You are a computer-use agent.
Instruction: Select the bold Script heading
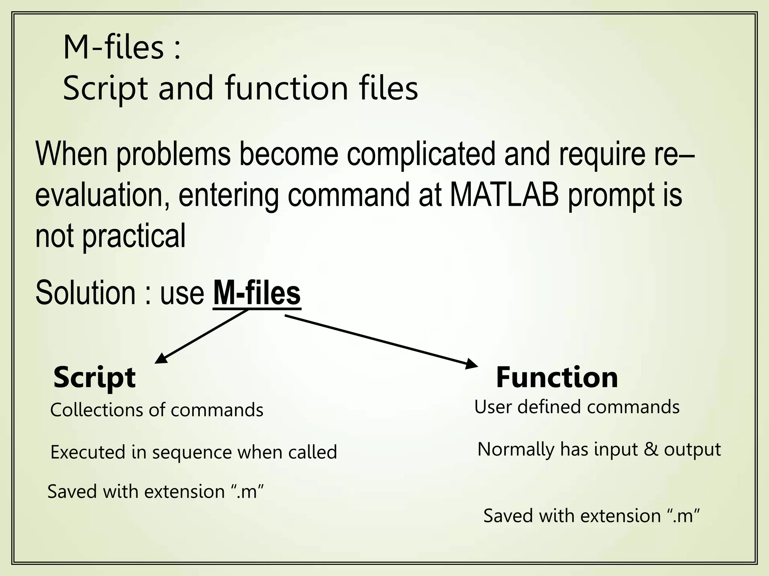pos(94,378)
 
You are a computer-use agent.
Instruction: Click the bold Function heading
pos(557,377)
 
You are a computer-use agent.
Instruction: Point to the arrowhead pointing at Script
pos(160,359)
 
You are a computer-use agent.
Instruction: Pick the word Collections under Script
pos(97,410)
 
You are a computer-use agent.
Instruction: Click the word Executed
pos(88,452)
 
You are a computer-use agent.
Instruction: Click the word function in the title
pos(287,88)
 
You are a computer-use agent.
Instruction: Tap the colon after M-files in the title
pos(177,49)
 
